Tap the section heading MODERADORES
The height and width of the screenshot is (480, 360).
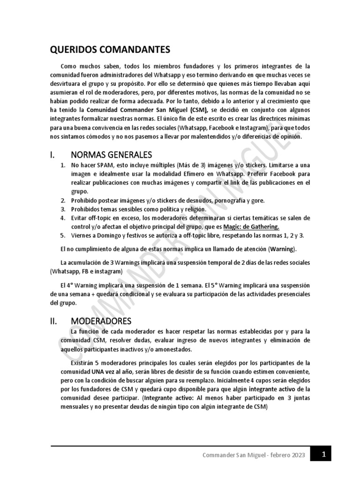[x=101, y=321]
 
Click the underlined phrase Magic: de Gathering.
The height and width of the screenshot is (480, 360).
[x=252, y=226]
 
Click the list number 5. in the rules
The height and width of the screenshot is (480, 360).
[x=63, y=235]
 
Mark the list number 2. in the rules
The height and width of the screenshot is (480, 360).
[x=63, y=200]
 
